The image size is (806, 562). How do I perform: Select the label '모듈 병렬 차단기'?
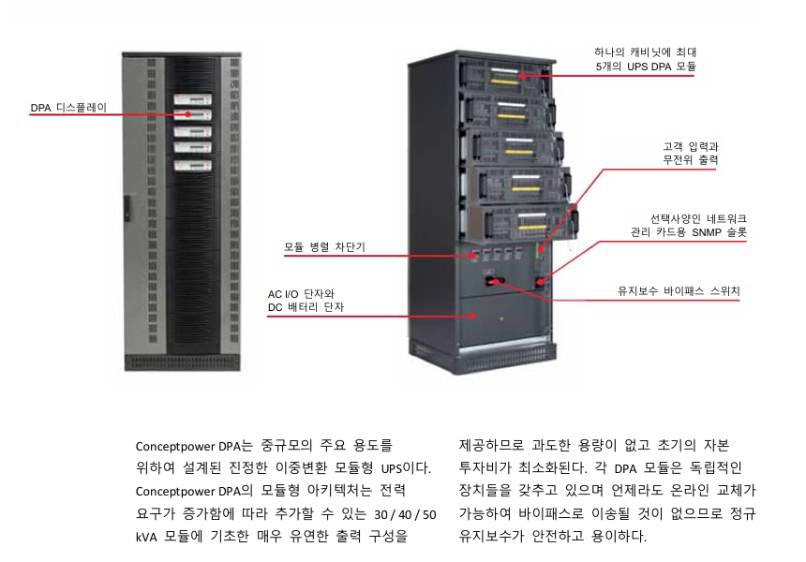coord(324,248)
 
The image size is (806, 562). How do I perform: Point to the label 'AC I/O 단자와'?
coord(301,293)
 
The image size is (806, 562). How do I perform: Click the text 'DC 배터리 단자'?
coord(306,307)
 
